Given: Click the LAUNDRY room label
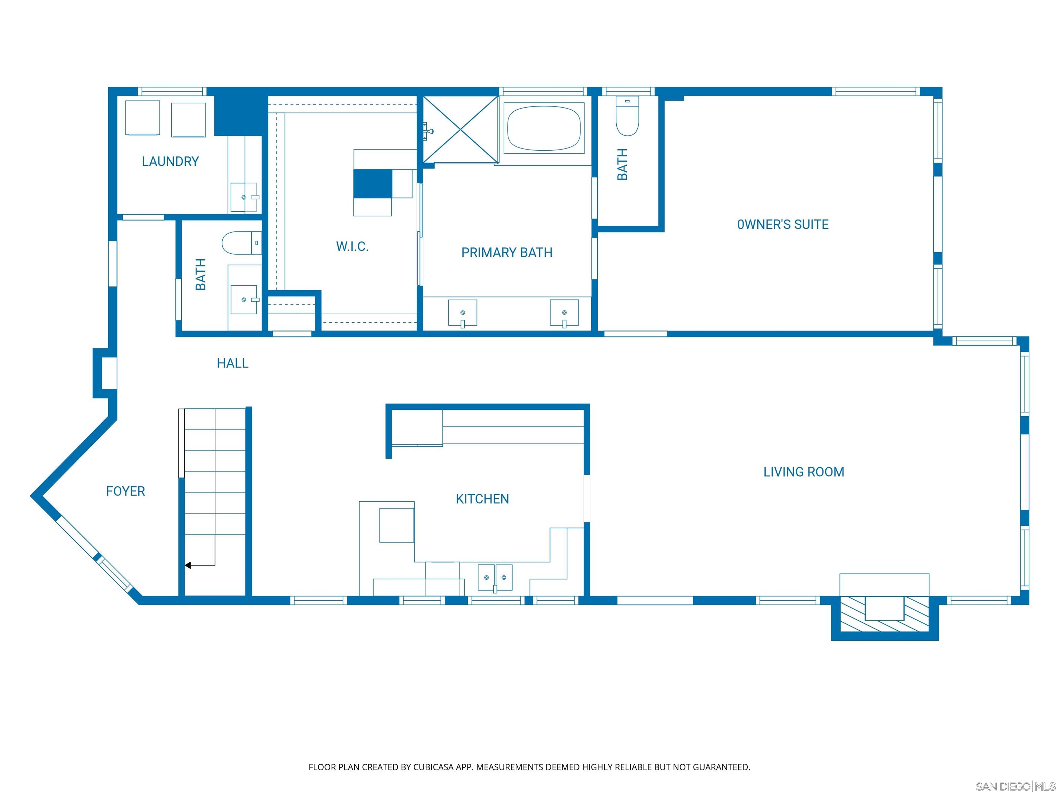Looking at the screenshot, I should pyautogui.click(x=170, y=161).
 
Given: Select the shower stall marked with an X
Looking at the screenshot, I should pyautogui.click(x=461, y=129).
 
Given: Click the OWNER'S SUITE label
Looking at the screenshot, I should pyautogui.click(x=783, y=224).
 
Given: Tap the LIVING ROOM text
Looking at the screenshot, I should pyautogui.click(x=803, y=472).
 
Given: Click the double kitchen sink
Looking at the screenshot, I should pyautogui.click(x=495, y=577).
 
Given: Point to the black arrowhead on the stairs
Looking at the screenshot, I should pyautogui.click(x=188, y=566).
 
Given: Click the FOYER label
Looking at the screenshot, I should pyautogui.click(x=125, y=491).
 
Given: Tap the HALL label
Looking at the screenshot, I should pyautogui.click(x=233, y=363).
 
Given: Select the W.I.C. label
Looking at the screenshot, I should pyautogui.click(x=352, y=246).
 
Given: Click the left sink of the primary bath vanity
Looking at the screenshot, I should pyautogui.click(x=463, y=313).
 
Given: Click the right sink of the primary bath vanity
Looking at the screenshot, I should pyautogui.click(x=564, y=313).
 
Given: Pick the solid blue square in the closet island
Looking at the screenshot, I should pyautogui.click(x=372, y=183).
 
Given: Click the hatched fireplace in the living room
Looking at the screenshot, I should pyautogui.click(x=884, y=614).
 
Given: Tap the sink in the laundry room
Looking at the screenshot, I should pyautogui.click(x=244, y=197).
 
